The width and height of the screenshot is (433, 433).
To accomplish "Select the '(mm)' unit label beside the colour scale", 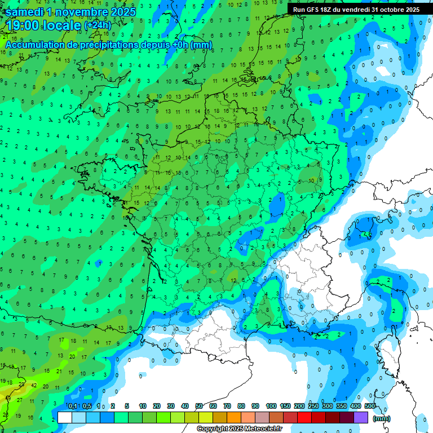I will [382, 418].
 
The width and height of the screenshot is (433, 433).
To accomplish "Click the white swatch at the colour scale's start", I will [65, 418].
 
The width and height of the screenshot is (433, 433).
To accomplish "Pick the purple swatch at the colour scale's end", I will [361, 418].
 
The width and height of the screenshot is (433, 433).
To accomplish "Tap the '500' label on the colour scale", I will [370, 406].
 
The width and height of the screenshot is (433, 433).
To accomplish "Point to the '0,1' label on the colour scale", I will [73, 406].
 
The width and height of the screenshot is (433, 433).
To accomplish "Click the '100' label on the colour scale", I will [271, 406].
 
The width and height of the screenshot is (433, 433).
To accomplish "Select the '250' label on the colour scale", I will [313, 406].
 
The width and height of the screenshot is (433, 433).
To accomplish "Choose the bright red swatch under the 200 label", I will [304, 418].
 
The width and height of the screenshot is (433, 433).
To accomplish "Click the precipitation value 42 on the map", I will [34, 386].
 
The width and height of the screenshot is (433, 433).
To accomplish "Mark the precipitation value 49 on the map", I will [7, 398].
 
